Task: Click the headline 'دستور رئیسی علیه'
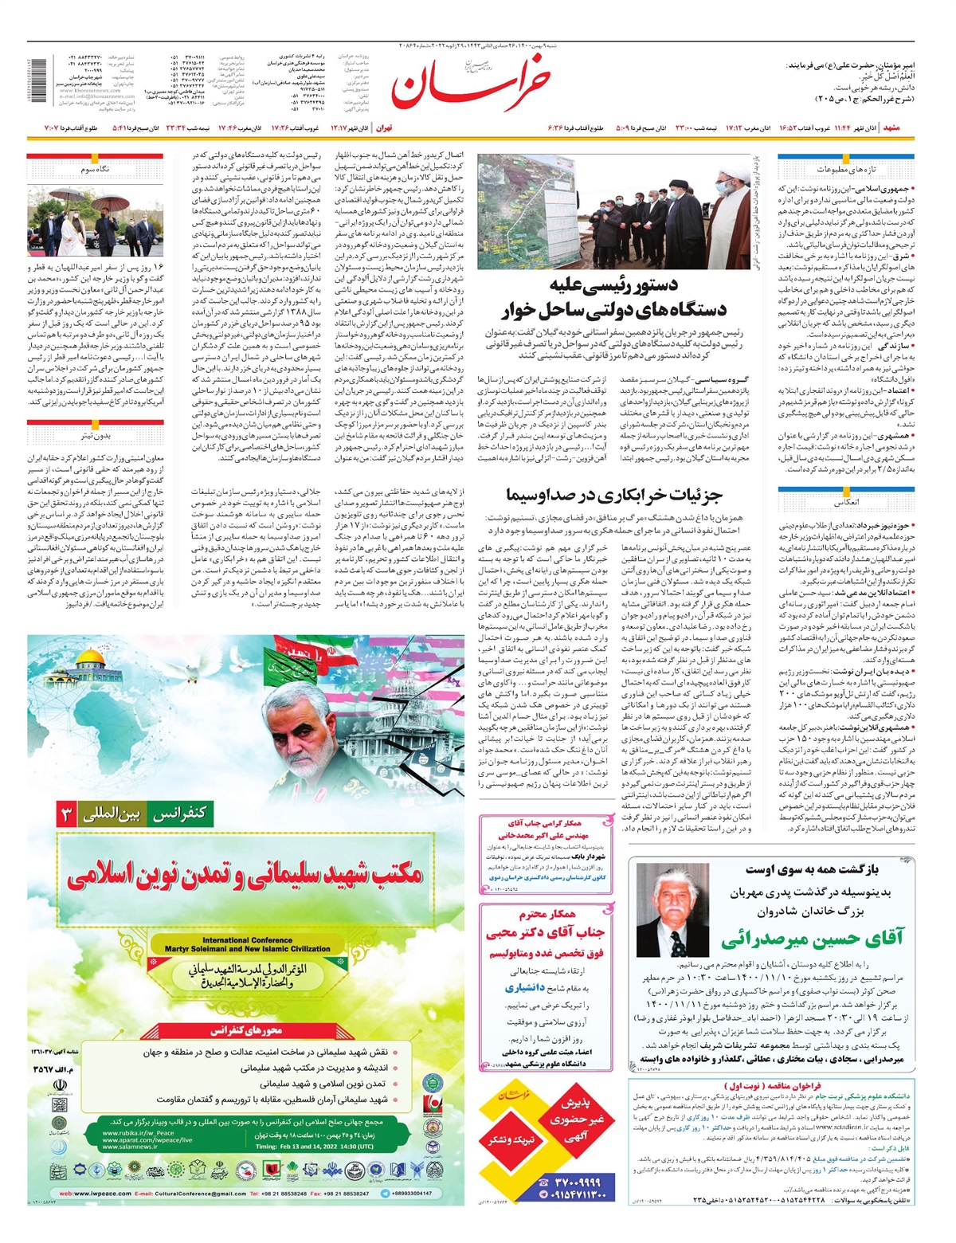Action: tap(613, 286)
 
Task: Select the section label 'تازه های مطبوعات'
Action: tap(845, 170)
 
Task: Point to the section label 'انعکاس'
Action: tap(846, 504)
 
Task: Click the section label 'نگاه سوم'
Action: tap(95, 170)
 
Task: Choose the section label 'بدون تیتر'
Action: tap(95, 436)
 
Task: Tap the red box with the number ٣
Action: tap(67, 814)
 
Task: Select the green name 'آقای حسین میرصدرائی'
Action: tap(813, 938)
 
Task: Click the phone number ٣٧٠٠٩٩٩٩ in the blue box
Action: tap(578, 1180)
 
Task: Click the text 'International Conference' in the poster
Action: tap(247, 940)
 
